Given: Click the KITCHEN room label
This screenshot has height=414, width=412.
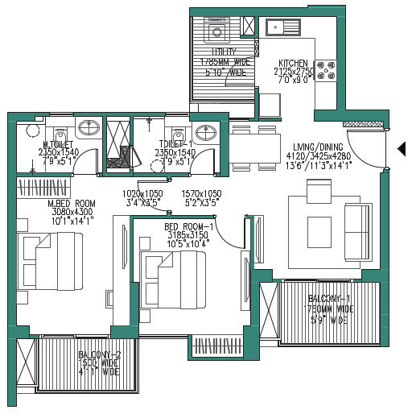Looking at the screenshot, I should click(x=294, y=63).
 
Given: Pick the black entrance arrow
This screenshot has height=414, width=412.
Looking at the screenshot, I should click(x=402, y=148).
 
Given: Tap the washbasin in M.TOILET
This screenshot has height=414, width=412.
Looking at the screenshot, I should click(x=89, y=128).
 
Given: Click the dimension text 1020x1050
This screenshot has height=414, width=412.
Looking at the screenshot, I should click(x=142, y=194).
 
